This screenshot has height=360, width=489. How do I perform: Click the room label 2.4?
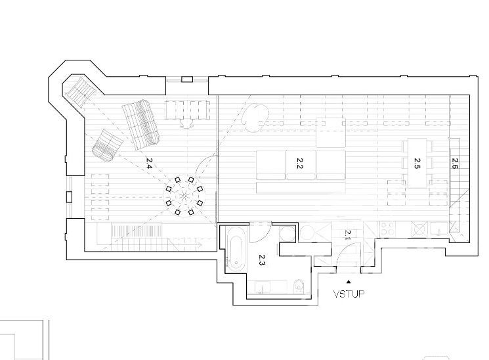[149, 163]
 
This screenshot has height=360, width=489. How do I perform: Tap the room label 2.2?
[299, 164]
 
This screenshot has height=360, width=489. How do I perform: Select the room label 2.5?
[417, 164]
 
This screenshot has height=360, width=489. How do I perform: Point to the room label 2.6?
[454, 164]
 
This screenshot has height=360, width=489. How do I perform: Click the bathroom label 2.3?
[262, 259]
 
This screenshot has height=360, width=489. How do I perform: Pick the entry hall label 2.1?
[348, 235]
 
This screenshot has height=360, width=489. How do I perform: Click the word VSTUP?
[349, 294]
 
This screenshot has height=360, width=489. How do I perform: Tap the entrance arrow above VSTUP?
[349, 282]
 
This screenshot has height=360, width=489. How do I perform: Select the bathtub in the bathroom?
[235, 249]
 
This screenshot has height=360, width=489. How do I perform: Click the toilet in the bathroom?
[299, 286]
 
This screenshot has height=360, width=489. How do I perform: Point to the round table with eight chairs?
[184, 196]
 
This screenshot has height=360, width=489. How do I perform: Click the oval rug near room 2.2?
[256, 117]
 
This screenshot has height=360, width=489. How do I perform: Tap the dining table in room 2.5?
[417, 164]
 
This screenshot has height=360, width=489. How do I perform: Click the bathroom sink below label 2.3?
[263, 287]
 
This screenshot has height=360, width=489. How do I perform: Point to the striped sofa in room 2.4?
[141, 125]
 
